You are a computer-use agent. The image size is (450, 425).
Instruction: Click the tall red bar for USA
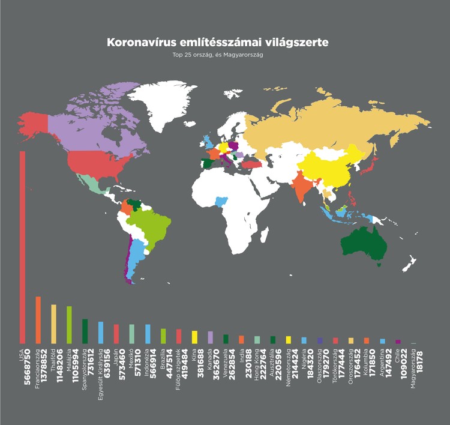coord(22,246)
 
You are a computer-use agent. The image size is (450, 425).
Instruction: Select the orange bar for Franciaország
coord(38,319)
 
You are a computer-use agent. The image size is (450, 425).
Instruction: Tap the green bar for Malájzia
coord(69,324)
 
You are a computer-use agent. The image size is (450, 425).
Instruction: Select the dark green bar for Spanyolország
coord(85,331)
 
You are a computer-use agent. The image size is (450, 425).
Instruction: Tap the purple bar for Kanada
coord(209,337)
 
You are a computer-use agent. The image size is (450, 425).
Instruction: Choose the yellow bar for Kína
coord(194,336)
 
